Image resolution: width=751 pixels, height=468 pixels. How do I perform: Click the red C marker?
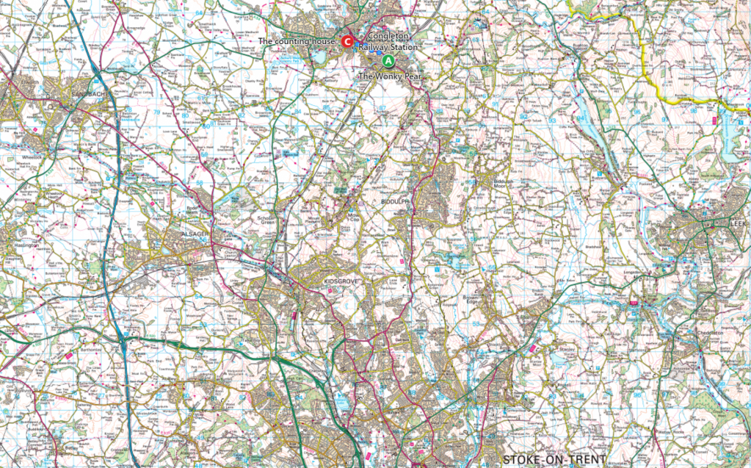pos(347,42)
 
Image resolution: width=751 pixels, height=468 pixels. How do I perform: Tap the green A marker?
pos(388,61)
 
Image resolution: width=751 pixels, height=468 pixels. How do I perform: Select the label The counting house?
pos(297,42)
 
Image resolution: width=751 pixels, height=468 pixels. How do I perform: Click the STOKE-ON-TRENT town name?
pos(554,460)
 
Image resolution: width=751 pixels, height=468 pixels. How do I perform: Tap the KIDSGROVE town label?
pos(339,281)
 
